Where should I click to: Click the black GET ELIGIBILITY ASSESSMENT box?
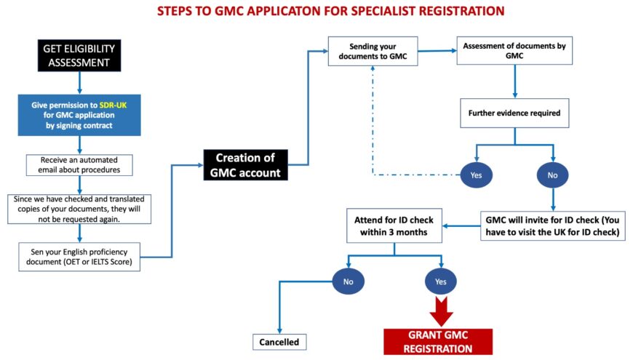[78, 55]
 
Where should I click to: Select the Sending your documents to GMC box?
[373, 50]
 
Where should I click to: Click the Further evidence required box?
[514, 113]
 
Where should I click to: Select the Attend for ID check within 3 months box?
[394, 225]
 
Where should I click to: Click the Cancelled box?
[279, 341]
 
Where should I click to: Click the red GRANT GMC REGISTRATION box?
[438, 342]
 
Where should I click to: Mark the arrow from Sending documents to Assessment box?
[437, 50]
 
